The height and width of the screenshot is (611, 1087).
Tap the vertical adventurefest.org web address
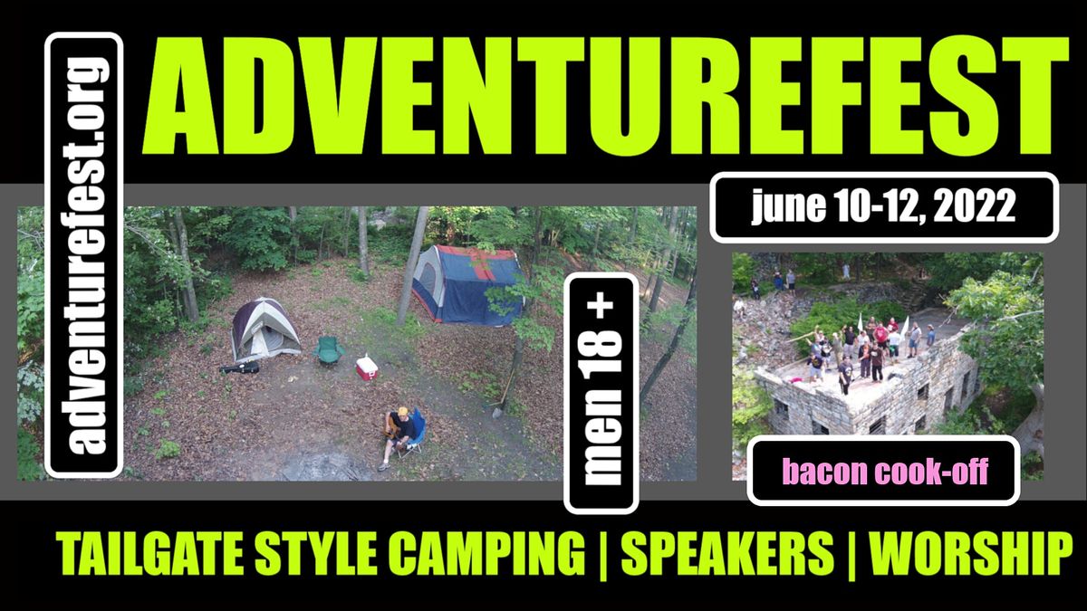coord(83,255)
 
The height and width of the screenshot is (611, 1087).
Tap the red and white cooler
coord(367,367)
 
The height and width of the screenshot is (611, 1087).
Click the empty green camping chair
coord(329,349)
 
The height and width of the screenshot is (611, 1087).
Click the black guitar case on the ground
coord(240,368)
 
